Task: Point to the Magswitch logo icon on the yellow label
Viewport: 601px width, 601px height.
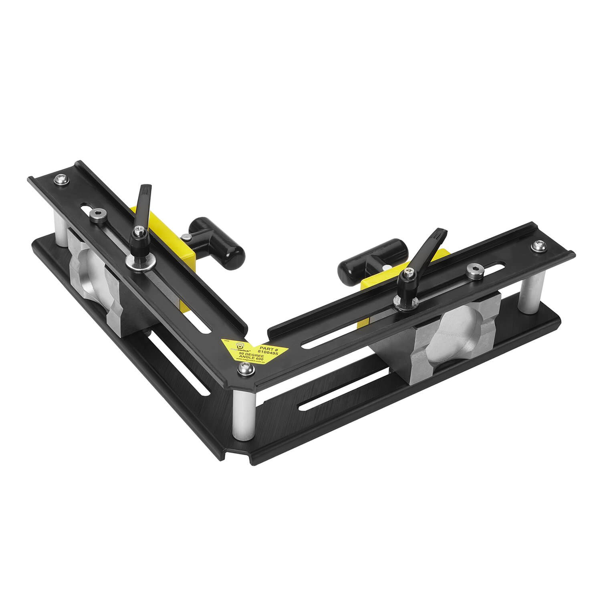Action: pyautogui.click(x=239, y=345)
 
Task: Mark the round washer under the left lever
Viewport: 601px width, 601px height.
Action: pyautogui.click(x=136, y=262)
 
